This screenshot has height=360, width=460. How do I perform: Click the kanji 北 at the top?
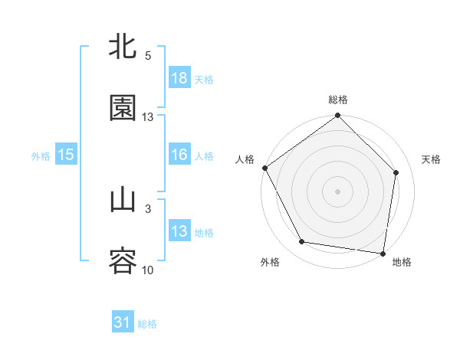tap(123, 47)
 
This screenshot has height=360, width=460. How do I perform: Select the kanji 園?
tap(123, 108)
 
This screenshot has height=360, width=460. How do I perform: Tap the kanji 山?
tap(123, 201)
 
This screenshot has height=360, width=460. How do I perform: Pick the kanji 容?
tap(123, 261)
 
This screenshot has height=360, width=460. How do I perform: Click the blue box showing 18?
tap(179, 78)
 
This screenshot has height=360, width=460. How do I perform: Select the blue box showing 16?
tap(179, 155)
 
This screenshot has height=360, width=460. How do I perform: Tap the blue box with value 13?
tap(179, 231)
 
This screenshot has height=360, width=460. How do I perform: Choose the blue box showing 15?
tap(66, 155)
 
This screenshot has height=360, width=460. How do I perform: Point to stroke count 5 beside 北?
tap(148, 56)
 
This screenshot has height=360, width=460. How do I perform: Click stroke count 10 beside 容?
tap(148, 270)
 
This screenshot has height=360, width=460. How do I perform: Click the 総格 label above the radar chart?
tap(338, 100)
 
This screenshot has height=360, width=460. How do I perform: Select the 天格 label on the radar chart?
tap(432, 159)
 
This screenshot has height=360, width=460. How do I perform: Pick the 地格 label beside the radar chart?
tap(402, 262)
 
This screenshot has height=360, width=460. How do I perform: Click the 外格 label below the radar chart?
tap(270, 262)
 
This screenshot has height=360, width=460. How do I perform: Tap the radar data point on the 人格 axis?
tap(264, 168)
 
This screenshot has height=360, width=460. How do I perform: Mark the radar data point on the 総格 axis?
tap(338, 116)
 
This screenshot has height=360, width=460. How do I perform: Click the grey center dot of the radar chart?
tap(338, 191)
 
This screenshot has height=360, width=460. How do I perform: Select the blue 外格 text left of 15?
tap(41, 155)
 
